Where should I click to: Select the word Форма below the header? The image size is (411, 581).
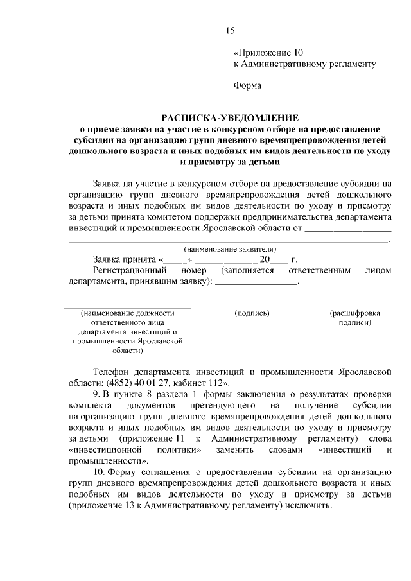[247, 84]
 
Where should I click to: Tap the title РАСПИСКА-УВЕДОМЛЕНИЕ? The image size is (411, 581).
[230, 118]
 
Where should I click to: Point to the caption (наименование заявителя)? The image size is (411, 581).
[230, 248]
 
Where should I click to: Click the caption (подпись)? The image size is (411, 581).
[252, 313]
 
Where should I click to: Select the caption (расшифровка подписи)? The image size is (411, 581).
[354, 318]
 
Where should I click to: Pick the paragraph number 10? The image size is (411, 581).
[98, 472]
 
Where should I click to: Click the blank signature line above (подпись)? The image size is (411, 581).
[252, 307]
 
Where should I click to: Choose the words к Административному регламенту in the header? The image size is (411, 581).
[304, 64]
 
